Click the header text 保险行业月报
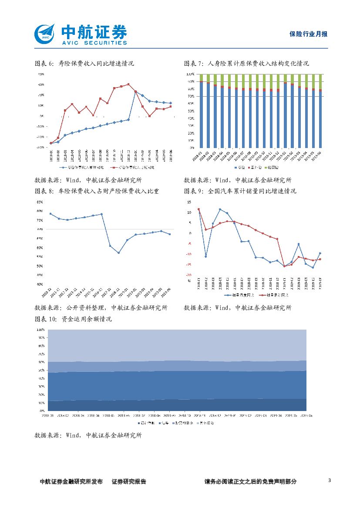308,34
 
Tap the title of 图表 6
84,64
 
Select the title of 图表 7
246,64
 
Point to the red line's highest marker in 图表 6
128,84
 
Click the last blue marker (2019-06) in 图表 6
171,103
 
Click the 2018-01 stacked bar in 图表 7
201,114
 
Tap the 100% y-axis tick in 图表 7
191,74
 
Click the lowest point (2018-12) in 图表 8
118,253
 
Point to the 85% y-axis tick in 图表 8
40,202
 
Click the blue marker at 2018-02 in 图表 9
205,256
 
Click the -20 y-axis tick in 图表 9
189,275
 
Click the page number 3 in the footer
330,481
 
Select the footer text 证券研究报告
129,482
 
